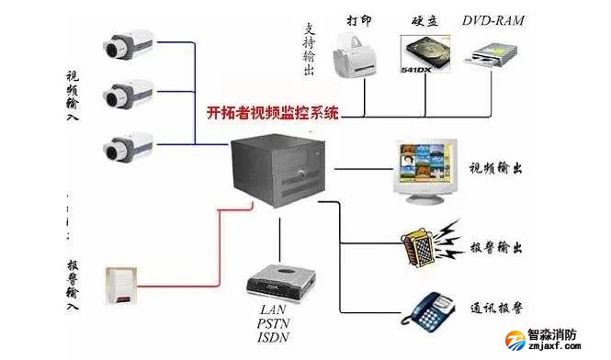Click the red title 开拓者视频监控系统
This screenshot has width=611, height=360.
click(272, 115)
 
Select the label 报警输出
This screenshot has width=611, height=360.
click(499, 248)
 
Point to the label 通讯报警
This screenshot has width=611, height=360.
click(499, 309)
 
